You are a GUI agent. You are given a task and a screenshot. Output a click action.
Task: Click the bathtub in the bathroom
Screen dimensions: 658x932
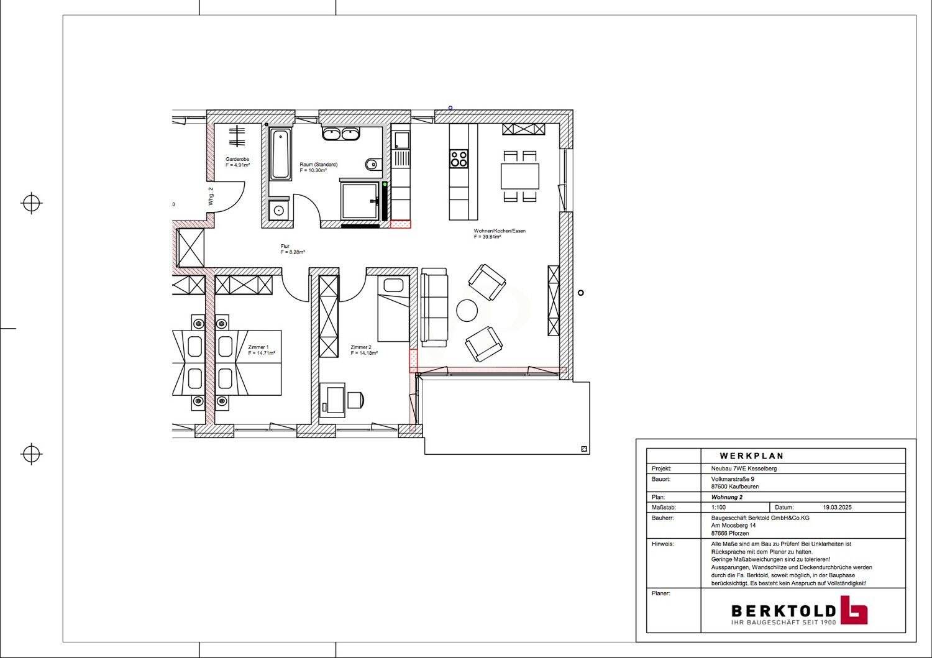[280, 154]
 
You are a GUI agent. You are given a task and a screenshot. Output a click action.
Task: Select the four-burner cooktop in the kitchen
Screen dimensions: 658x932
[459, 159]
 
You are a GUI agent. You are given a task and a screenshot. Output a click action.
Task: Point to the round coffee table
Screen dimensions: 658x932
[467, 310]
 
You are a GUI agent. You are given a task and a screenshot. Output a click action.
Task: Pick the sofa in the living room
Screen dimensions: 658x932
[433, 308]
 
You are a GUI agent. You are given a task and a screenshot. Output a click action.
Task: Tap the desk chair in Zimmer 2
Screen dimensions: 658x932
[355, 400]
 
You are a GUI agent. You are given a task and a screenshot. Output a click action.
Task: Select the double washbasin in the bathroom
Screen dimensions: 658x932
[340, 134]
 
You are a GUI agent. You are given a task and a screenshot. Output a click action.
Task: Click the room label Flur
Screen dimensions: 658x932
[285, 246]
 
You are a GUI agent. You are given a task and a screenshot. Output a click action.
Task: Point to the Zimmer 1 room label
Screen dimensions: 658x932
[258, 347]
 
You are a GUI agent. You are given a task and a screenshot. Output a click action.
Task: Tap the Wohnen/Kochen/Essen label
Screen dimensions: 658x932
[500, 231]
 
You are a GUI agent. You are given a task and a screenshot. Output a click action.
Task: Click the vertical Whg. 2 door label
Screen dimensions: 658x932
[211, 196]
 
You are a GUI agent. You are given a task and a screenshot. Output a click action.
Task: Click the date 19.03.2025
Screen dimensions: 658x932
[837, 507]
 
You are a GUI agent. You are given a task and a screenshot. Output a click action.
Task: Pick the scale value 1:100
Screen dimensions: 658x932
[718, 507]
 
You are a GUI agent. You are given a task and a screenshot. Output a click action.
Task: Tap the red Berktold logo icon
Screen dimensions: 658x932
[854, 610]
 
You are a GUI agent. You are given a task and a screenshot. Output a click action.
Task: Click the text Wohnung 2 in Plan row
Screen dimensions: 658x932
[726, 497]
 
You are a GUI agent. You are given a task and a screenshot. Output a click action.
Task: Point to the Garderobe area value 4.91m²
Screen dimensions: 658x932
[237, 166]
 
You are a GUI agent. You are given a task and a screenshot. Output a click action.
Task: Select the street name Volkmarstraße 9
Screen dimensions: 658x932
[733, 479]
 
